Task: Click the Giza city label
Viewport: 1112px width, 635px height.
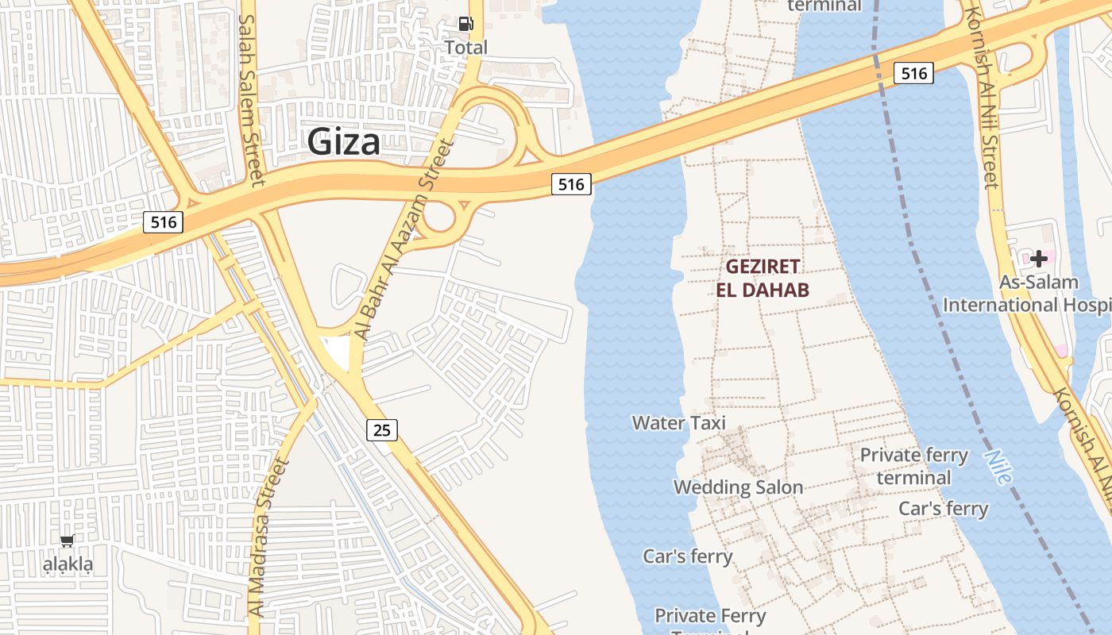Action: [x=343, y=142]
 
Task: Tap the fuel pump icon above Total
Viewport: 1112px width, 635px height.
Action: [x=465, y=24]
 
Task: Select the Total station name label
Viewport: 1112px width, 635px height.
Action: [x=465, y=48]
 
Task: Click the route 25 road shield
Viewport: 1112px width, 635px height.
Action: [x=382, y=430]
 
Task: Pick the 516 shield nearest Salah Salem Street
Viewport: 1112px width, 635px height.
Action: [x=163, y=222]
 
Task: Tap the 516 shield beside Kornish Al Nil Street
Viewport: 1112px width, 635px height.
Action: [x=913, y=74]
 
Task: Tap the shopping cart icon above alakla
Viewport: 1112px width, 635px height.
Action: [x=68, y=541]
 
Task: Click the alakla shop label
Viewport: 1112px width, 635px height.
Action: [x=68, y=565]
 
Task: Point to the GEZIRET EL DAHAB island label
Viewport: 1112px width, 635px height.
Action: [x=763, y=278]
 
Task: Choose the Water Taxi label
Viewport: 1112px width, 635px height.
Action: [x=679, y=423]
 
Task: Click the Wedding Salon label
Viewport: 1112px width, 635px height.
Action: [x=739, y=487]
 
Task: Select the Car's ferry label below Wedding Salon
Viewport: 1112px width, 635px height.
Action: [x=688, y=556]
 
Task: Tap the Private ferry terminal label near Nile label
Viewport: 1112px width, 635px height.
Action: [x=914, y=466]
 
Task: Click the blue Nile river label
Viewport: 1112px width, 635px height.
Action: [x=998, y=468]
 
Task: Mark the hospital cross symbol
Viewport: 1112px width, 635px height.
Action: [x=1039, y=259]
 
